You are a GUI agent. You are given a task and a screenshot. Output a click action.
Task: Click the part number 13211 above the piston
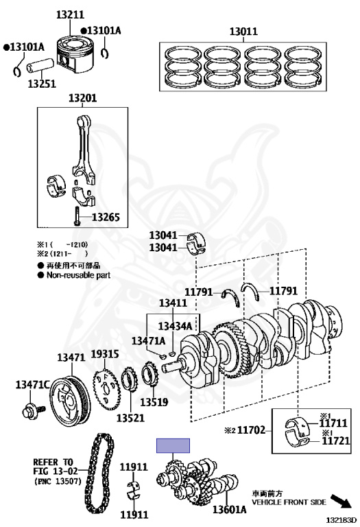pyautogui.click(x=70, y=15)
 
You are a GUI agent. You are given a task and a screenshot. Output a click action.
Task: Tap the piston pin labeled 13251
pyautogui.click(x=40, y=66)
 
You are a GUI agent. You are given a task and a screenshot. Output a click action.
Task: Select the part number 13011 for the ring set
pyautogui.click(x=243, y=32)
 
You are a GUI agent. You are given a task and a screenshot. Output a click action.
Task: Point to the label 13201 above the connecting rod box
pyautogui.click(x=82, y=98)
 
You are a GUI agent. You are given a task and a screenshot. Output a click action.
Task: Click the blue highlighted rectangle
pyautogui.click(x=173, y=445)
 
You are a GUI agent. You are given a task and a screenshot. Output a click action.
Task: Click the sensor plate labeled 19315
pyautogui.click(x=106, y=389)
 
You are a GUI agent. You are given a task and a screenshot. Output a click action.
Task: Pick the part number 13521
pyautogui.click(x=130, y=418)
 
